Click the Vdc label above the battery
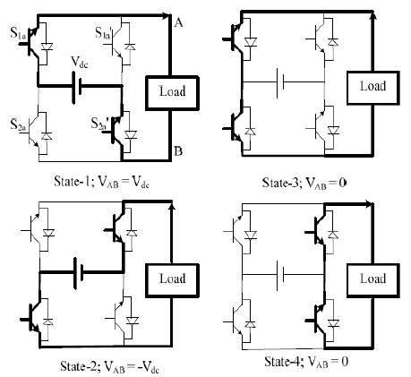point(80,63)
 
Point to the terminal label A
point(178,22)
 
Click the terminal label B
point(178,151)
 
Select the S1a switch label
point(18,32)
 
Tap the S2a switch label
point(19,124)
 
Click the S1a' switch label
point(104,32)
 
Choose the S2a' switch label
point(99,124)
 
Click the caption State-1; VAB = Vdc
point(101,182)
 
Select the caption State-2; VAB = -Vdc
point(109,366)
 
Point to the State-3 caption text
point(304,183)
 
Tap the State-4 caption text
point(306,362)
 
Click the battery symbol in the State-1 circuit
point(77,86)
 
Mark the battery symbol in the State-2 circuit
point(78,272)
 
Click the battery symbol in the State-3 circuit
point(279,82)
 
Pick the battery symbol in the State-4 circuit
point(279,275)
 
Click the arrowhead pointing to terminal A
point(165,15)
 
